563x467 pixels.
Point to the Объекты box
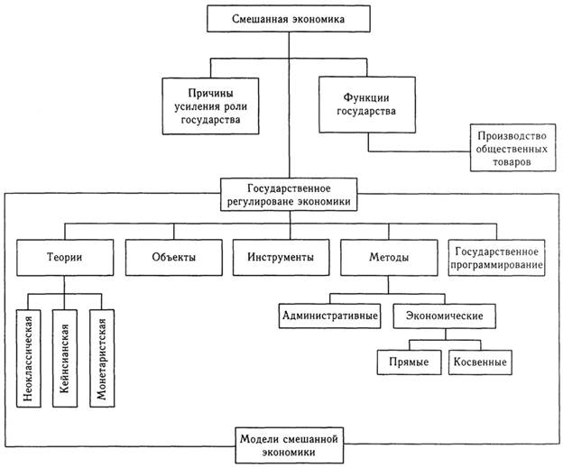[173, 258]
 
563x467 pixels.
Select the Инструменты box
[280, 258]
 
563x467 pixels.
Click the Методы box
[388, 258]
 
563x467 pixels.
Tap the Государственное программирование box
[496, 258]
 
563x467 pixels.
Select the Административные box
[329, 316]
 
